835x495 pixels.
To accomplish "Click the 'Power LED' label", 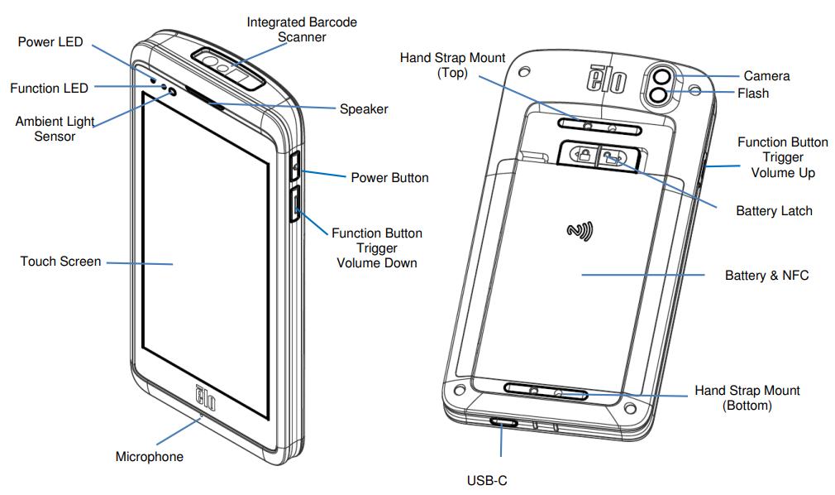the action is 50,42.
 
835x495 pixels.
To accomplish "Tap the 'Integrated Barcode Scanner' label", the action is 302,29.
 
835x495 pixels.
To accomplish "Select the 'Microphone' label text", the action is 150,457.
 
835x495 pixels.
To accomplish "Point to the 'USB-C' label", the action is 487,481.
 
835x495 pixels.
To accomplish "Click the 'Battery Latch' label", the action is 775,211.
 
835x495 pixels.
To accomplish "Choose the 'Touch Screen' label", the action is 60,262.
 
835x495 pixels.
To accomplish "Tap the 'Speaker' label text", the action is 364,108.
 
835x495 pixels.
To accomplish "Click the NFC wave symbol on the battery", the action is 580,231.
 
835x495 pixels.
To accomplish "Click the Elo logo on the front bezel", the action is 206,397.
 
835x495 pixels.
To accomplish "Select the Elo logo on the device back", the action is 607,79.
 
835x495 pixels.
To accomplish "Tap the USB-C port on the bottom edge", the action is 503,422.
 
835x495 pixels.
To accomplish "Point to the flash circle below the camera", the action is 658,96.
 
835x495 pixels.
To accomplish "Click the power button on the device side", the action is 295,166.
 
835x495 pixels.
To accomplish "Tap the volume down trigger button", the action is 295,204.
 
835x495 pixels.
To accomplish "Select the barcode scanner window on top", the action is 229,67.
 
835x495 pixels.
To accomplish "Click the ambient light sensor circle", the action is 172,92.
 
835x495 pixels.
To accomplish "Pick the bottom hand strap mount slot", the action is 546,392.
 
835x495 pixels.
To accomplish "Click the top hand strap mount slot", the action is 599,127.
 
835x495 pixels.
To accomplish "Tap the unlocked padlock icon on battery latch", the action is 613,157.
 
